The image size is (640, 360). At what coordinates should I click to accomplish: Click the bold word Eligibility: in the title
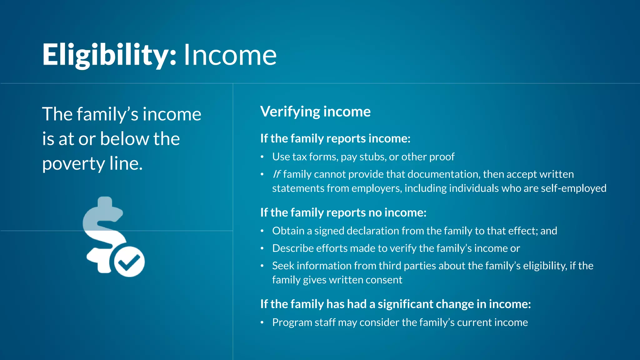click(x=109, y=55)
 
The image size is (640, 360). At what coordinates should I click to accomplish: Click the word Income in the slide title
click(x=230, y=55)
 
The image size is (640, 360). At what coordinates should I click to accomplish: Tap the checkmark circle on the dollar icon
click(x=129, y=262)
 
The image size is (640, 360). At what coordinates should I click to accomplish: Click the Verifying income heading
click(x=315, y=112)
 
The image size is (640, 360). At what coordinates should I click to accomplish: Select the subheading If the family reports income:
click(x=335, y=138)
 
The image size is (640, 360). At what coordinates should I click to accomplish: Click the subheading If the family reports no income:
click(x=343, y=212)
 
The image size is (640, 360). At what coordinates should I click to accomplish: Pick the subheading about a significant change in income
click(x=395, y=304)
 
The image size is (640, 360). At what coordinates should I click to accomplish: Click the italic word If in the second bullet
click(x=277, y=174)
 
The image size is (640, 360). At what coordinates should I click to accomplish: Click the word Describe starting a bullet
click(x=293, y=248)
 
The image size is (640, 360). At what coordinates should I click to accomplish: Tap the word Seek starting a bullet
click(x=283, y=266)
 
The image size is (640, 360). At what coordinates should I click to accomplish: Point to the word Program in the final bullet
click(x=292, y=322)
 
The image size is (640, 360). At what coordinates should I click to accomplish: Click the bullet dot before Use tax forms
click(x=262, y=157)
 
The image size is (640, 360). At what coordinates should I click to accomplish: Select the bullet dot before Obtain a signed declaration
click(x=262, y=231)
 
